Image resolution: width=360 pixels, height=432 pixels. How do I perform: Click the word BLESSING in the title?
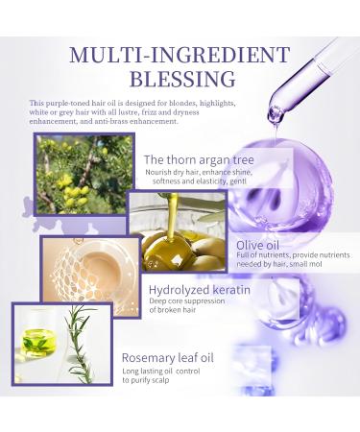(180, 78)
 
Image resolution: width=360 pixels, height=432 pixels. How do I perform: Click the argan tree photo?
(84, 174)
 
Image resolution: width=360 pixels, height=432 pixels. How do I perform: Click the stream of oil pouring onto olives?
(174, 216)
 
